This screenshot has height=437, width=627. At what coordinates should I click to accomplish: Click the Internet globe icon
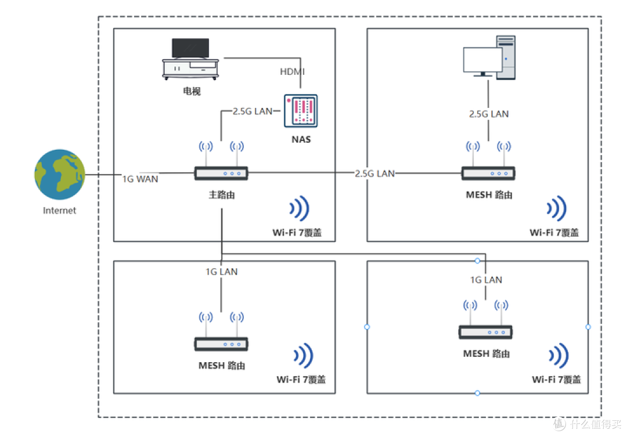point(60,174)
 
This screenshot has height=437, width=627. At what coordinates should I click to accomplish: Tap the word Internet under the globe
point(60,210)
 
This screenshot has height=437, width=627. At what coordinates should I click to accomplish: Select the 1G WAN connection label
point(140,179)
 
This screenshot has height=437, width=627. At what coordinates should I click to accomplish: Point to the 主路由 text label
point(222,195)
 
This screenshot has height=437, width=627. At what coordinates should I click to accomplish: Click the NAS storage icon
point(301,111)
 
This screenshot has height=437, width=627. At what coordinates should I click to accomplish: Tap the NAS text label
point(301,139)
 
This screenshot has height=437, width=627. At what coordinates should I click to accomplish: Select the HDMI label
point(292,71)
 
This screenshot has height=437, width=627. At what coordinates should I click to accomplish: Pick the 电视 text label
point(192,91)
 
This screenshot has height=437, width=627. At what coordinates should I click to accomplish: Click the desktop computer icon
point(489,57)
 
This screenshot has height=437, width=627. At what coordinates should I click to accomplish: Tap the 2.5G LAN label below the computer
point(489,114)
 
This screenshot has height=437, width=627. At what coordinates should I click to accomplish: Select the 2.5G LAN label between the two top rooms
point(374,173)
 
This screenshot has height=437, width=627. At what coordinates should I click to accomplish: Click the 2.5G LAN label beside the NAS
point(253,111)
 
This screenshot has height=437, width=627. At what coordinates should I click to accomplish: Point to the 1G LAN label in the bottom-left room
point(222,272)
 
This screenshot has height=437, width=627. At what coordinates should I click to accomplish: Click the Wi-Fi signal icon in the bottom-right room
point(558,355)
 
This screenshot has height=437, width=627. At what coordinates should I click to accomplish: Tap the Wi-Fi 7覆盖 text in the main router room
point(297,232)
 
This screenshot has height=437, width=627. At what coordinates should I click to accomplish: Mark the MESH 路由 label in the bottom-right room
point(487,353)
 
